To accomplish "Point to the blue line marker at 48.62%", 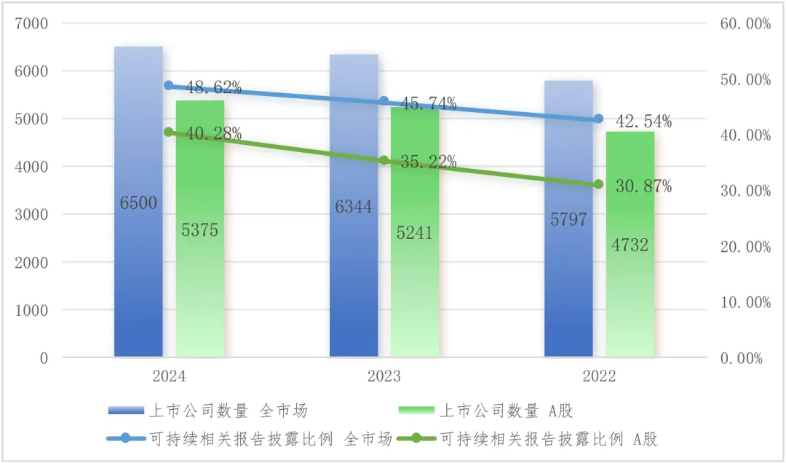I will click(x=169, y=85).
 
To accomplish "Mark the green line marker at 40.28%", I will click(x=169, y=132).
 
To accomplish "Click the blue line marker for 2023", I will click(x=384, y=101).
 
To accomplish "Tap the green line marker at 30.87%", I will click(x=598, y=184).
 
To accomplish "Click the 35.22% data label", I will click(x=428, y=162).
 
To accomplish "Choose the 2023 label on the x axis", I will click(x=384, y=377).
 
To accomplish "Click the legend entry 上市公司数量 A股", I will click(x=507, y=411).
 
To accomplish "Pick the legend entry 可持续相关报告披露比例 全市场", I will click(x=271, y=438).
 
